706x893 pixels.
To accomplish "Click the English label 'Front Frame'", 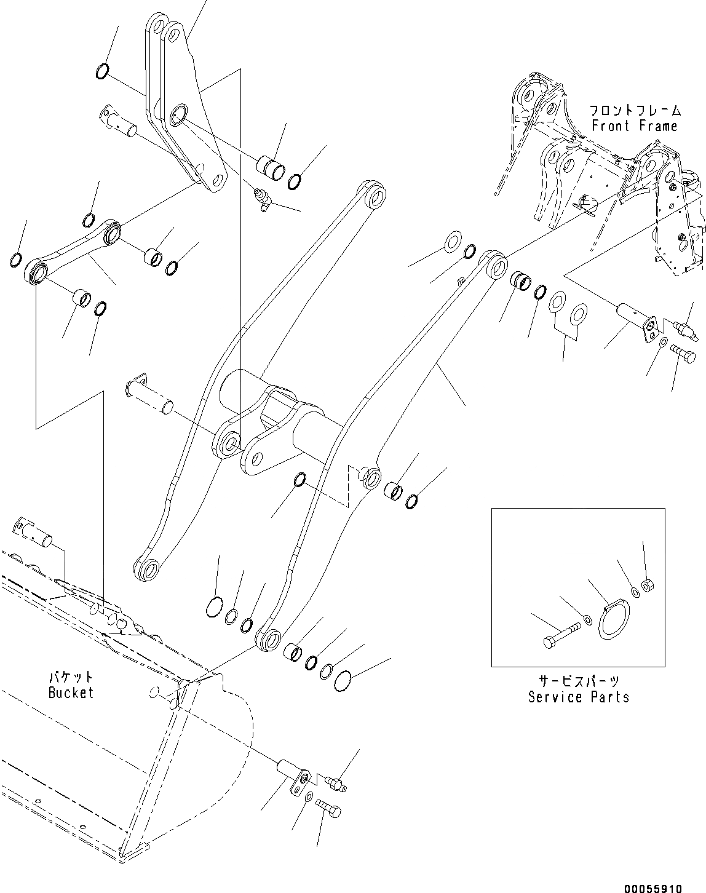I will click(634, 126).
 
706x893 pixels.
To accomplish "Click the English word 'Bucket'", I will click(71, 693).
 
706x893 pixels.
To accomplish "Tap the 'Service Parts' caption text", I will click(578, 697).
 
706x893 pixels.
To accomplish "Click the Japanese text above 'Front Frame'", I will click(634, 111).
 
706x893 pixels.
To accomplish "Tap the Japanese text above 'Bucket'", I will click(71, 677).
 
